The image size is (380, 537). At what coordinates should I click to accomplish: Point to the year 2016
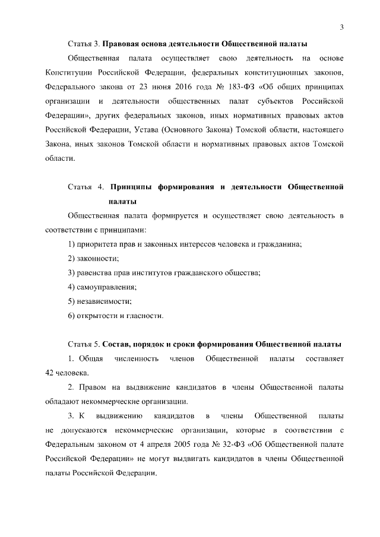182,86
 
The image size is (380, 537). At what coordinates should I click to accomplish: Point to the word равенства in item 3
93,272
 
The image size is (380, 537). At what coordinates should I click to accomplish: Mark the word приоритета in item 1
96,244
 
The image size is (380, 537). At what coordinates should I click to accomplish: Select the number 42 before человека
50,373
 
